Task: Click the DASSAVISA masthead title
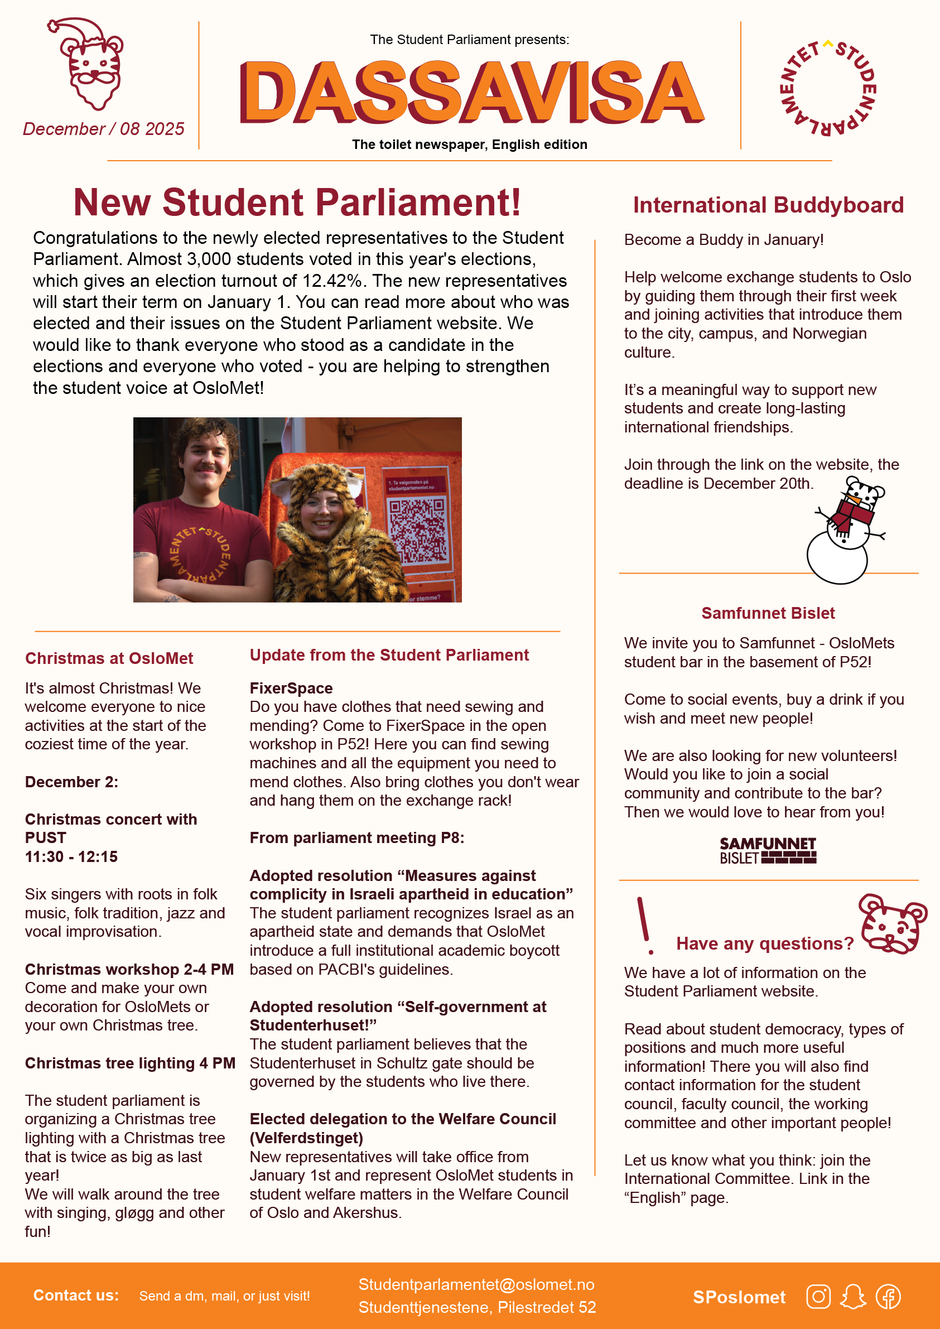click(x=472, y=93)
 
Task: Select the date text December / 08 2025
click(x=104, y=128)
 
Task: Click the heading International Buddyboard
click(x=768, y=205)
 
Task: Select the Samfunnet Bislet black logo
click(x=768, y=850)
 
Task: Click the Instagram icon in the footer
click(x=818, y=1297)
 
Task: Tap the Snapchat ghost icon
click(x=853, y=1297)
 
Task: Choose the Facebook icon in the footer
click(x=888, y=1297)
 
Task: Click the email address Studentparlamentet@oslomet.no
click(x=476, y=1284)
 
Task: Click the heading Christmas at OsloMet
click(x=109, y=658)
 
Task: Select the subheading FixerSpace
click(x=291, y=688)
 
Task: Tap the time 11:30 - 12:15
click(x=71, y=856)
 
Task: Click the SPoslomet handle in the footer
click(x=739, y=1297)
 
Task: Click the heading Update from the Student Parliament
click(x=389, y=654)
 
